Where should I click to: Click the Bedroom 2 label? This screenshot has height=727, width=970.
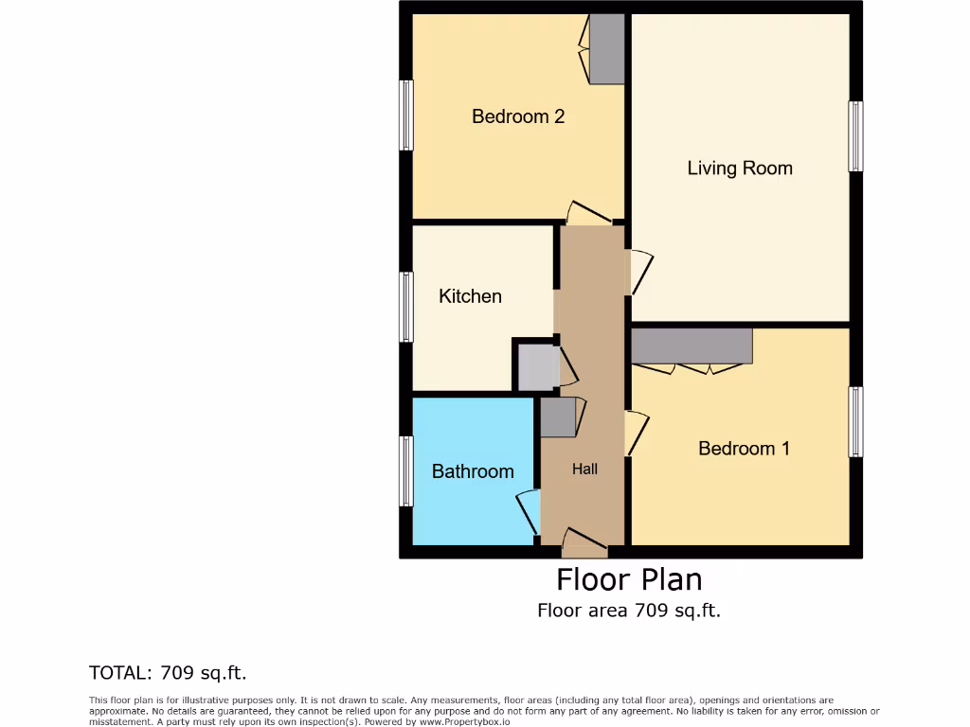click(x=518, y=116)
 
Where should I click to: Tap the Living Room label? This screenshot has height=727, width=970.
click(x=740, y=168)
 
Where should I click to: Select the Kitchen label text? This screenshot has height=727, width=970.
click(x=470, y=296)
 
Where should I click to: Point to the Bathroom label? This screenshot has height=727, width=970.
click(x=473, y=471)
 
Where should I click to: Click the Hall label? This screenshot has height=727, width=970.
click(x=584, y=469)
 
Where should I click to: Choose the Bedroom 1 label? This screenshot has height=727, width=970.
click(x=744, y=449)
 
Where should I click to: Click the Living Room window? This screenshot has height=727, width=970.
click(x=855, y=136)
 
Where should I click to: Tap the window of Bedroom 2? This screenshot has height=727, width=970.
click(x=406, y=115)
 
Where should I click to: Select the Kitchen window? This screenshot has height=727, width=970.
click(x=406, y=307)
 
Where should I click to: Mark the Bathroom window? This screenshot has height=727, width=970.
click(x=406, y=471)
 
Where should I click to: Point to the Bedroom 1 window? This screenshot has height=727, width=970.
click(x=855, y=421)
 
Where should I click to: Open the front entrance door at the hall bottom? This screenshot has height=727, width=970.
click(x=584, y=542)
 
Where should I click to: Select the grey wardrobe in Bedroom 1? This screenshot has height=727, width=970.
click(x=692, y=346)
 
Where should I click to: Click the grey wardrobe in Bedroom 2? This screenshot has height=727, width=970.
click(x=606, y=48)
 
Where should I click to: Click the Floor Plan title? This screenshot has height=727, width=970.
click(x=629, y=578)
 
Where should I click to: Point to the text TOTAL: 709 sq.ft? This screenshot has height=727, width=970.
click(x=168, y=673)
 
